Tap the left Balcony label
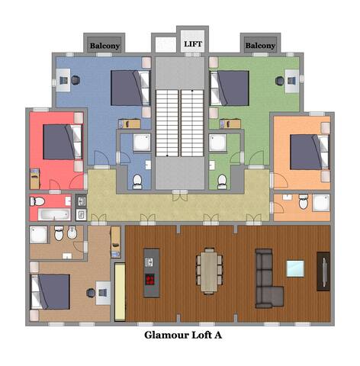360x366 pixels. tap(104, 46)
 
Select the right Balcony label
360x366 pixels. tap(260, 46)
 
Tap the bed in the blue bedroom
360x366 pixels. tap(130, 88)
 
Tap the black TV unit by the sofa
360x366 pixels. tap(323, 272)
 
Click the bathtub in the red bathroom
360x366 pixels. tap(54, 213)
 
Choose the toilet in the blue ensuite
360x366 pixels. tap(137, 181)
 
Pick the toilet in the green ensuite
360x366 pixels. tap(222, 180)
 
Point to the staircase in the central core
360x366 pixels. tap(180, 122)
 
